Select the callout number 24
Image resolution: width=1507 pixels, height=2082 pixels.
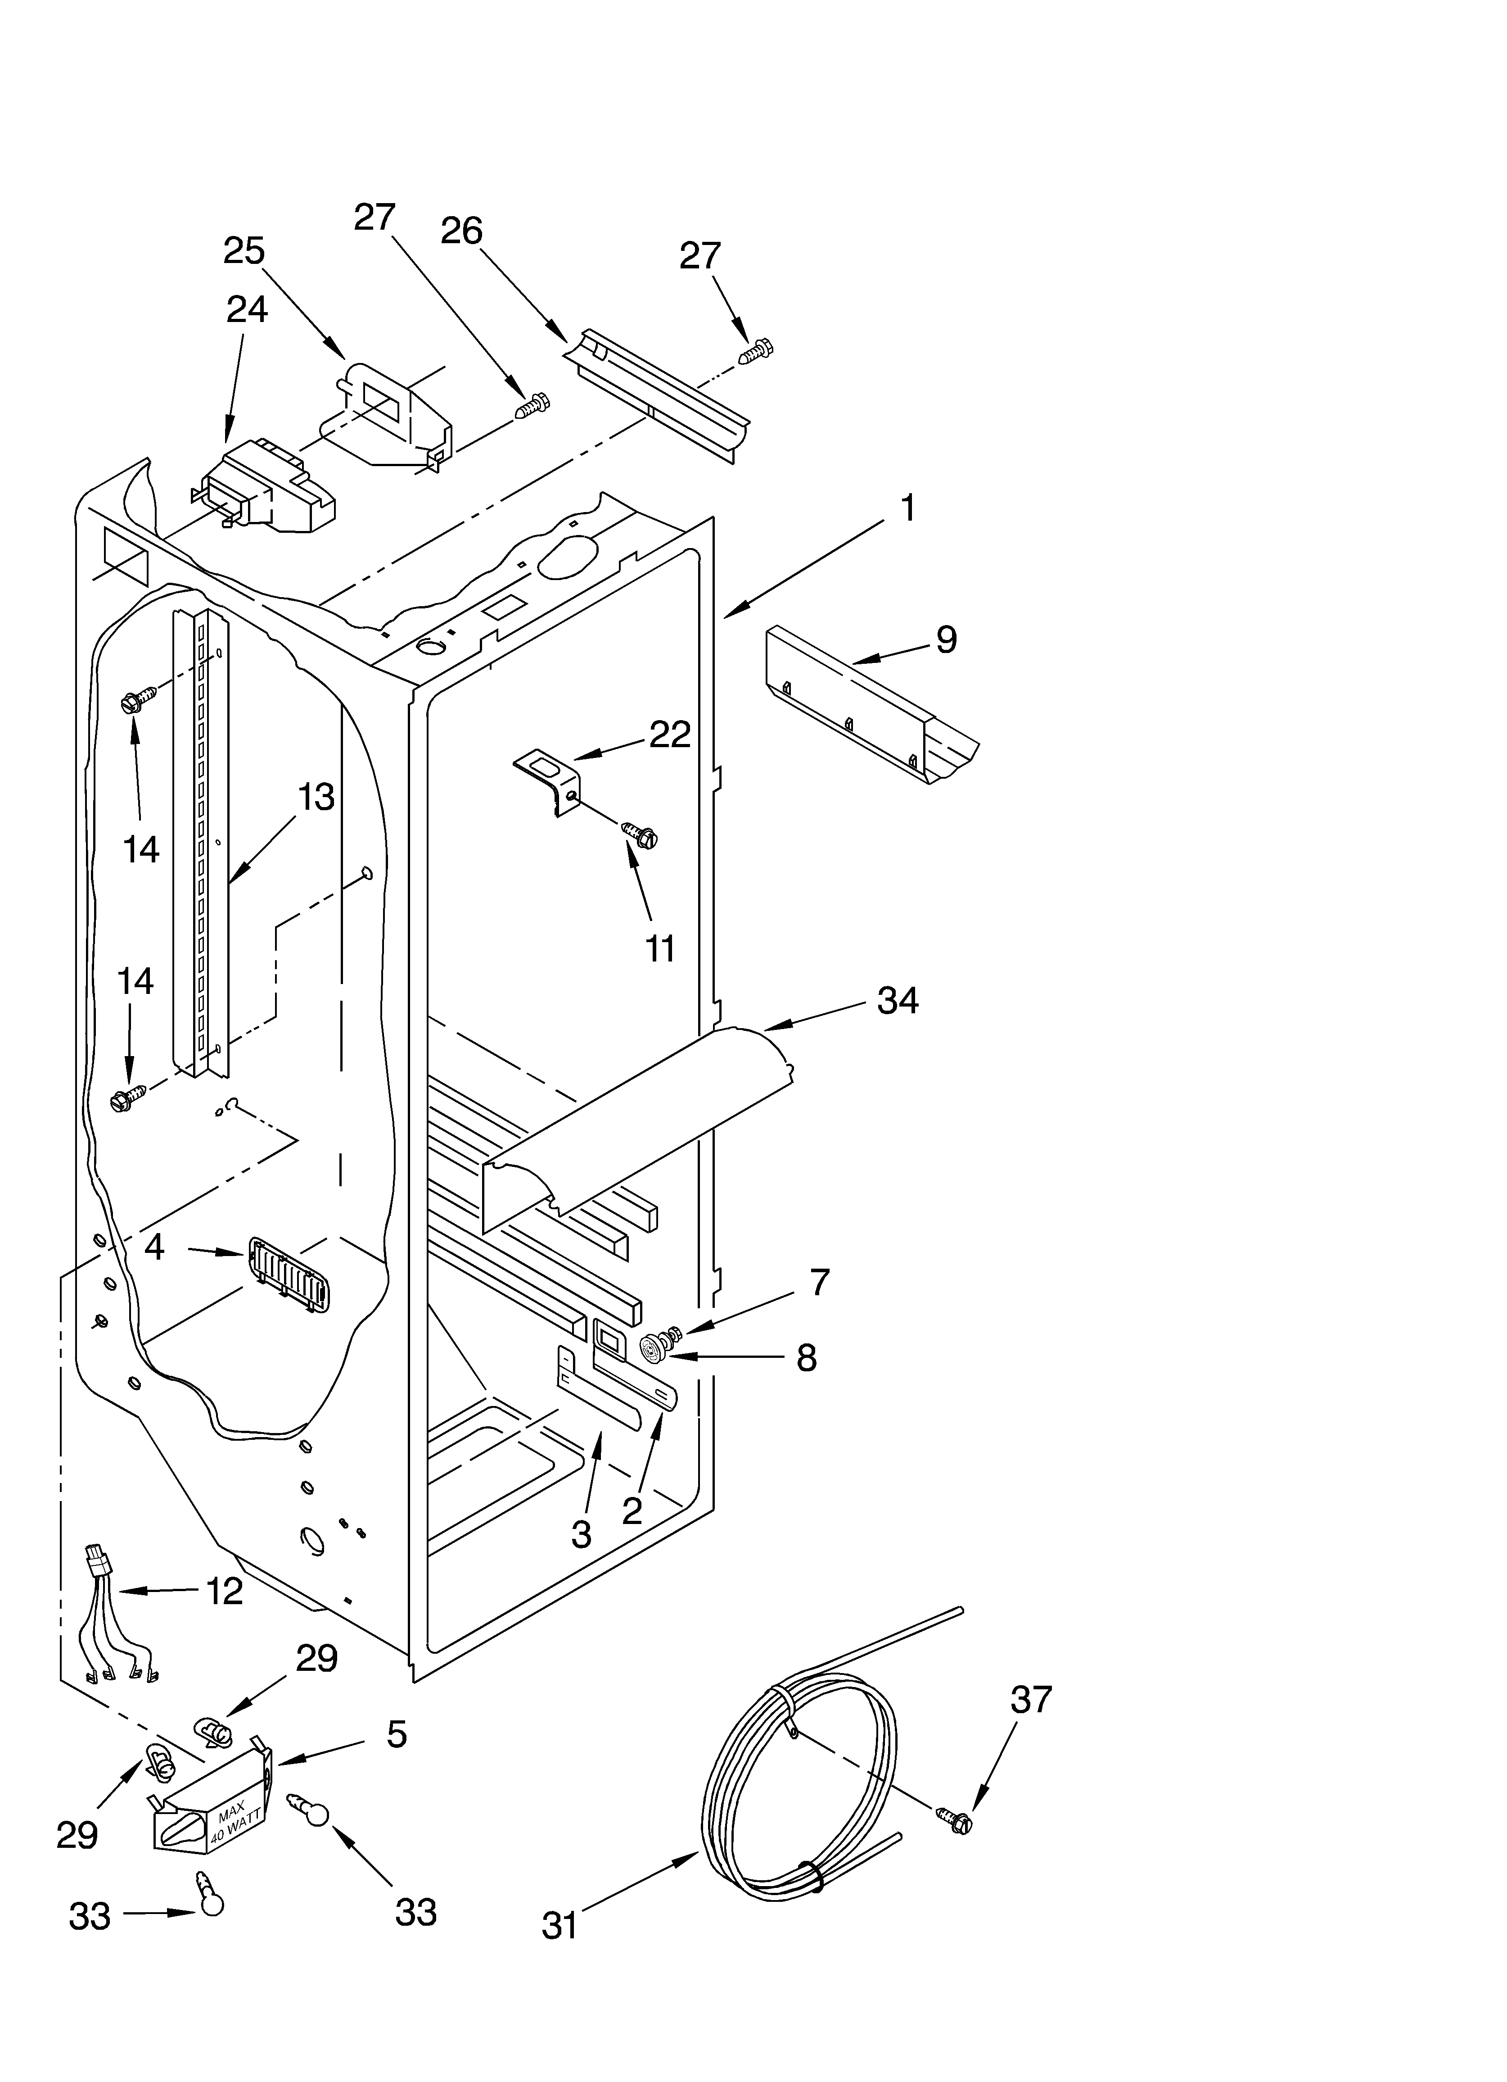click(x=247, y=310)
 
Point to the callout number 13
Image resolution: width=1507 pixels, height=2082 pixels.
click(x=315, y=797)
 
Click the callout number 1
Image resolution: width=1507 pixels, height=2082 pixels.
click(x=907, y=508)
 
